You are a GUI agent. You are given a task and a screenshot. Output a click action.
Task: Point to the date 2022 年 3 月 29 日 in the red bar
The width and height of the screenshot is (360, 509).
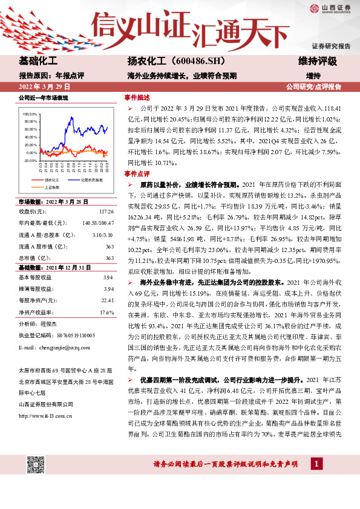[x=45, y=86]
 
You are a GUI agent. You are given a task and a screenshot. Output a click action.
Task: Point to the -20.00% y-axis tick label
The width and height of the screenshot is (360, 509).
[x=30, y=160]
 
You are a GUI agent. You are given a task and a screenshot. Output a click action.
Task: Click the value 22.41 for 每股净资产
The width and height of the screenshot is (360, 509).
[x=107, y=302]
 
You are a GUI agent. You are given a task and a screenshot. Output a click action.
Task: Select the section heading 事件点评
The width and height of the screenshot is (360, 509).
[x=137, y=173]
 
